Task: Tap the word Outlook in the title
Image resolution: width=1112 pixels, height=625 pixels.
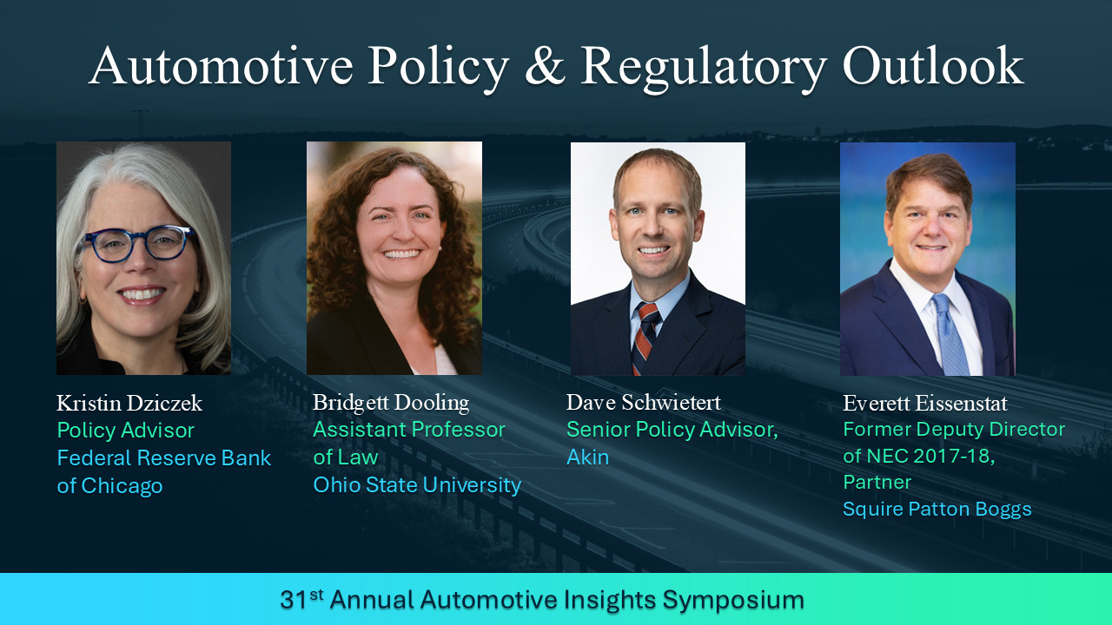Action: [x=933, y=66]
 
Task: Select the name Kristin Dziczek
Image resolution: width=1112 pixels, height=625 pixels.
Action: [x=129, y=403]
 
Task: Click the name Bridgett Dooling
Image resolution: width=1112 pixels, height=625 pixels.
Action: [x=391, y=403]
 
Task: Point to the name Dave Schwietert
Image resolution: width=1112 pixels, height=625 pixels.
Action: [x=644, y=402]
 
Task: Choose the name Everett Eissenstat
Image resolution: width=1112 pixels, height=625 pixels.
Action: [x=925, y=404]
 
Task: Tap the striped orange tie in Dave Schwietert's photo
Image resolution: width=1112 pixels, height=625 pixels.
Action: [x=645, y=339]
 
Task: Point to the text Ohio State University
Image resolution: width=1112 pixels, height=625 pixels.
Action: [x=417, y=485]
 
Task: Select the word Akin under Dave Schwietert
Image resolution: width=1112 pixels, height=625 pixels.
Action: [x=587, y=457]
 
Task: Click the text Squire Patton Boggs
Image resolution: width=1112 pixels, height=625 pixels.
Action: [x=937, y=510]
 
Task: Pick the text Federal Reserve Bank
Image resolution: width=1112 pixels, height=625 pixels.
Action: [x=164, y=457]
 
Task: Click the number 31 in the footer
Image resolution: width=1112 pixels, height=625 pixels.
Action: [x=294, y=600]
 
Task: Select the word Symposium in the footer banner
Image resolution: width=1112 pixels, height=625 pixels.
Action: [x=732, y=601]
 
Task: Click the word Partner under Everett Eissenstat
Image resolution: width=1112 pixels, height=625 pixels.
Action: [x=877, y=482]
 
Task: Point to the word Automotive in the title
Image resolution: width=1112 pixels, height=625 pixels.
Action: [x=221, y=66]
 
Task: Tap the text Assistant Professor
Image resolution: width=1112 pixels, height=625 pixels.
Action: [x=409, y=430]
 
